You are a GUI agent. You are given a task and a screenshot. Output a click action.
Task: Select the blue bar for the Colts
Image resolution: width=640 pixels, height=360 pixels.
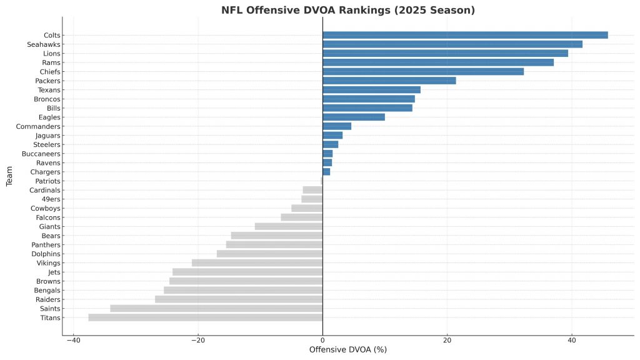[465, 35]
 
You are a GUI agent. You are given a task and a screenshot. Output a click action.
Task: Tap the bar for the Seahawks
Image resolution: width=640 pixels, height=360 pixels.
[452, 44]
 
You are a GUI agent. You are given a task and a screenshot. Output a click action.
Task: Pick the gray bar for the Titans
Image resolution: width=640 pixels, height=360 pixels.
[206, 317]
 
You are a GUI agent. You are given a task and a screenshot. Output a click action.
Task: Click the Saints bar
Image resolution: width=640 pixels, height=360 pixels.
[216, 308]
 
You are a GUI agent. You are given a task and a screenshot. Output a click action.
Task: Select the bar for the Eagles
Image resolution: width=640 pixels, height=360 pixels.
[354, 117]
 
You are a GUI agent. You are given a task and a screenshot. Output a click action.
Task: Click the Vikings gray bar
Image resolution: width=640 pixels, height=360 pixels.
[257, 262]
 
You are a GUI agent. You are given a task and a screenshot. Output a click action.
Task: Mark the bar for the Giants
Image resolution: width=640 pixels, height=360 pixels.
[289, 226]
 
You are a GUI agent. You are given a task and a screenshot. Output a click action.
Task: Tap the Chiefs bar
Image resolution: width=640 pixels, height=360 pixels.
[423, 71]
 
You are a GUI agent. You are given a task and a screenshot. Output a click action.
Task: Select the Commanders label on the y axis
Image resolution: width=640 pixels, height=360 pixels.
[38, 126]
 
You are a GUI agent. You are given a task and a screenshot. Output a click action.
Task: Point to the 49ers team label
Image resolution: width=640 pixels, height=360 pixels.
[50, 199]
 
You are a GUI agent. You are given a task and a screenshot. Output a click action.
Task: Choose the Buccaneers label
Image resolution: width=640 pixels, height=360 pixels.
[41, 153]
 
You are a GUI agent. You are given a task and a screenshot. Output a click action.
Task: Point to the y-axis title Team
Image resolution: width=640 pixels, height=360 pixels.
[9, 176]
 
